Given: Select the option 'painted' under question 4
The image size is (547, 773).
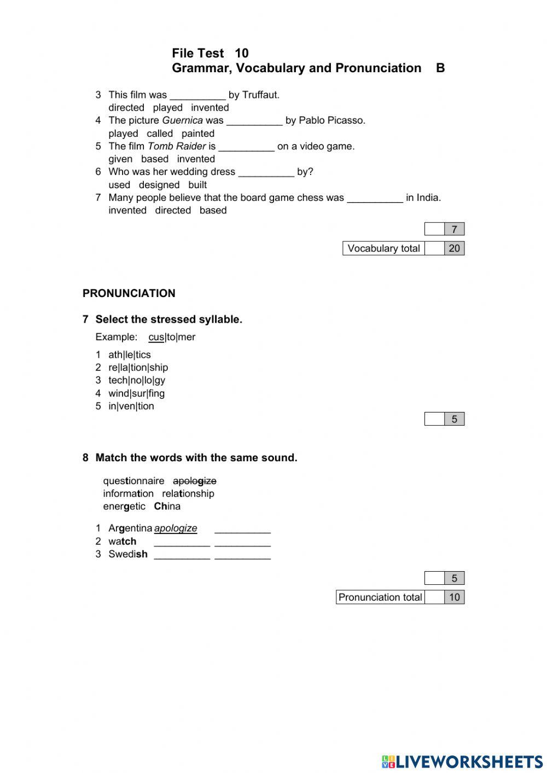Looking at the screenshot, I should (x=197, y=133).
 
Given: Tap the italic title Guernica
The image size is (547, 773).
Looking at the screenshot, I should (x=182, y=120).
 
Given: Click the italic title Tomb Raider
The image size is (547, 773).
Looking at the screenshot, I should (x=177, y=146).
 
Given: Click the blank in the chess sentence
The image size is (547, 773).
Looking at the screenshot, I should (x=375, y=198).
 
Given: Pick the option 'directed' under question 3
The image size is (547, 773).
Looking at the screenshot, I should (x=126, y=108).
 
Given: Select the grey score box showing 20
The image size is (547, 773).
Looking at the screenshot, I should (x=454, y=248).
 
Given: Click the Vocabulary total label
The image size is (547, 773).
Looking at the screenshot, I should (x=383, y=248).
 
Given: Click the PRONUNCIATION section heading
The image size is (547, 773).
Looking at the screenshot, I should (x=129, y=293).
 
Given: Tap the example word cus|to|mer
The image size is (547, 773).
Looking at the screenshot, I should (x=172, y=337).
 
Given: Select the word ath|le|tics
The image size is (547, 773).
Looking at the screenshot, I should (x=129, y=354).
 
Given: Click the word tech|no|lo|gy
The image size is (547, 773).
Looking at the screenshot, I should (x=136, y=380).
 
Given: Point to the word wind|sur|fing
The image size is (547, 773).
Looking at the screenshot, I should (x=136, y=393).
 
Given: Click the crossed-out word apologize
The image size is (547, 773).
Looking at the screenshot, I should (x=194, y=481).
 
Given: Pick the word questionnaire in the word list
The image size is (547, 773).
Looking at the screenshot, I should (x=133, y=481).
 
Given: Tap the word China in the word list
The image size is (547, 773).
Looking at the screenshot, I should (x=167, y=507).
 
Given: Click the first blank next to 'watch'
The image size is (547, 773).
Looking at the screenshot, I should (x=182, y=542).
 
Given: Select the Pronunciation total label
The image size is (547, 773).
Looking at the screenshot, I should (x=380, y=597).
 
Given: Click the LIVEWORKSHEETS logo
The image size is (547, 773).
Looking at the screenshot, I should (x=462, y=762).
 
